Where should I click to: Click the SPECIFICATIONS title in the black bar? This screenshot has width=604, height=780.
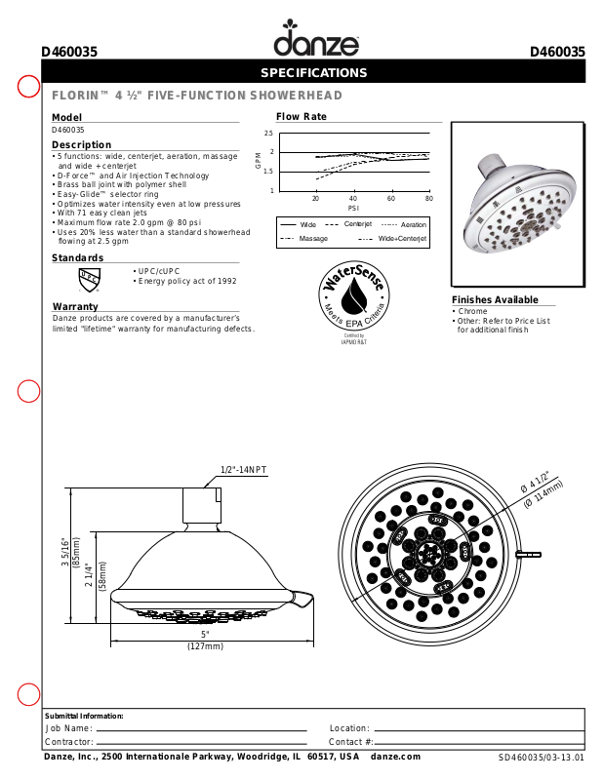[x=313, y=73]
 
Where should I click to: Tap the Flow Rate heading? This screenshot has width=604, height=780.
[x=301, y=117]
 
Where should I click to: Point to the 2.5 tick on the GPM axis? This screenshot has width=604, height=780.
[x=268, y=133]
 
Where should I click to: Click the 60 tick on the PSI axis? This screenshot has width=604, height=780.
[x=391, y=198]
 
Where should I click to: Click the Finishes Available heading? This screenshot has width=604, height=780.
[x=495, y=299]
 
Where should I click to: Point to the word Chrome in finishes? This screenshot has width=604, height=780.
[x=472, y=311]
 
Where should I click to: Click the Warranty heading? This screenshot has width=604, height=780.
[x=75, y=307]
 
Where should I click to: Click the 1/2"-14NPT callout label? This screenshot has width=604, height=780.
[x=243, y=470]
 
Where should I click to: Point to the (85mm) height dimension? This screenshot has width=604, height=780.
[x=77, y=560]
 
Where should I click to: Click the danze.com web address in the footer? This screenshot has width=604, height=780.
[x=395, y=757]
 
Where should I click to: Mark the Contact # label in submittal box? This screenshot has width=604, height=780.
[x=350, y=742]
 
